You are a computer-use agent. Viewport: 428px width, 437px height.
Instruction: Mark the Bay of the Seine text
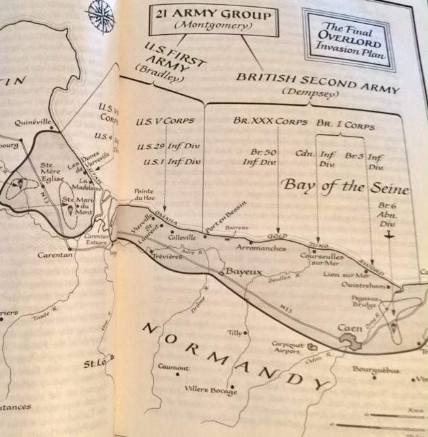point(346,186)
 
